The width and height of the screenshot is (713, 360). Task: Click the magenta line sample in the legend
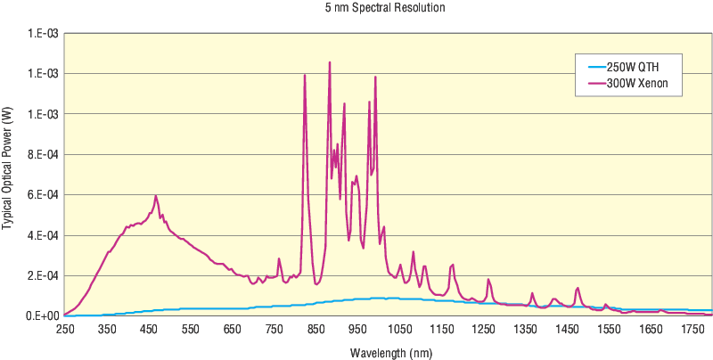[592, 84]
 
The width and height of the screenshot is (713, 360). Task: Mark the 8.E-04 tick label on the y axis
[42, 154]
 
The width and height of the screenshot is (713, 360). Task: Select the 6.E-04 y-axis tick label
[42, 195]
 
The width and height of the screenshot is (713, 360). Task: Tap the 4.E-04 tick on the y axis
[42, 235]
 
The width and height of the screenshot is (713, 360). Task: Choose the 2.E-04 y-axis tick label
[42, 275]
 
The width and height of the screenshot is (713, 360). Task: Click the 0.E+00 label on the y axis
[42, 316]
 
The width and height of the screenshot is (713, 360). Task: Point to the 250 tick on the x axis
[65, 330]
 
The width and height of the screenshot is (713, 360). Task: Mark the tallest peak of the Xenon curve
[330, 62]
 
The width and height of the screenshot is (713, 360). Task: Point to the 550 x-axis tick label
[191, 330]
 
